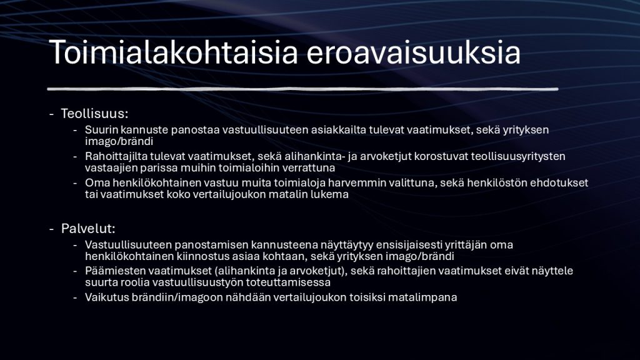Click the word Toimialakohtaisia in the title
(x=174, y=52)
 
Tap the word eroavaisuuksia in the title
(x=414, y=52)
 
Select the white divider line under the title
(x=302, y=89)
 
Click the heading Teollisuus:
(x=95, y=114)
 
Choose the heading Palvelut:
(x=88, y=229)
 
